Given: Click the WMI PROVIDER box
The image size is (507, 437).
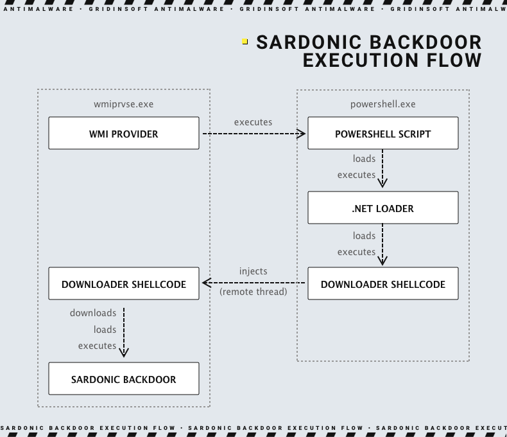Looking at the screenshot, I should (124, 134).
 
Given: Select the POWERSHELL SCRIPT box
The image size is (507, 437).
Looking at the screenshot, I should (382, 134).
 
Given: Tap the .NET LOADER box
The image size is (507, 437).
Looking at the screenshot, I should (382, 208).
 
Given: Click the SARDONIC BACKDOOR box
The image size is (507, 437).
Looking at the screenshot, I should (124, 379).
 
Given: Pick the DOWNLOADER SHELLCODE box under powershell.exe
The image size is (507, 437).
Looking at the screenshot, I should (382, 284).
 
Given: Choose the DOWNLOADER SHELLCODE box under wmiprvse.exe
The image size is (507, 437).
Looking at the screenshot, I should (124, 284).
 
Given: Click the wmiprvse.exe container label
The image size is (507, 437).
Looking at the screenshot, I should (123, 103).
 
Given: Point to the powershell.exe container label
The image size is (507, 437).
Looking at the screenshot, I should (382, 103).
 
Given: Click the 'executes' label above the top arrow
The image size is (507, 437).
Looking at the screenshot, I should (253, 121).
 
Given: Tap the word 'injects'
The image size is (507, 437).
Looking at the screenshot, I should (253, 271).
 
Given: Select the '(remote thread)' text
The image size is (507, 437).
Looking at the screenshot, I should (253, 291).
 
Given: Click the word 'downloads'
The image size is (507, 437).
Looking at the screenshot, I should (93, 313).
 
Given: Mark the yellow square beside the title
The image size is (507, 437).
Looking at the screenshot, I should (245, 42).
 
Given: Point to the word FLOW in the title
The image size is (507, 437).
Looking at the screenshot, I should (449, 60).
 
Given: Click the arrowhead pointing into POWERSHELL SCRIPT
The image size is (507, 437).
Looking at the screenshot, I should (301, 134).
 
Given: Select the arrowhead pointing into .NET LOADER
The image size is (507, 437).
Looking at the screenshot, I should (382, 183).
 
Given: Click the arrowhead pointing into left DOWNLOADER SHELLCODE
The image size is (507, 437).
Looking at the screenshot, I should (207, 283).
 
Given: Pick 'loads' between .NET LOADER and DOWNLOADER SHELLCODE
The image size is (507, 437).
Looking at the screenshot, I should (364, 236).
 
